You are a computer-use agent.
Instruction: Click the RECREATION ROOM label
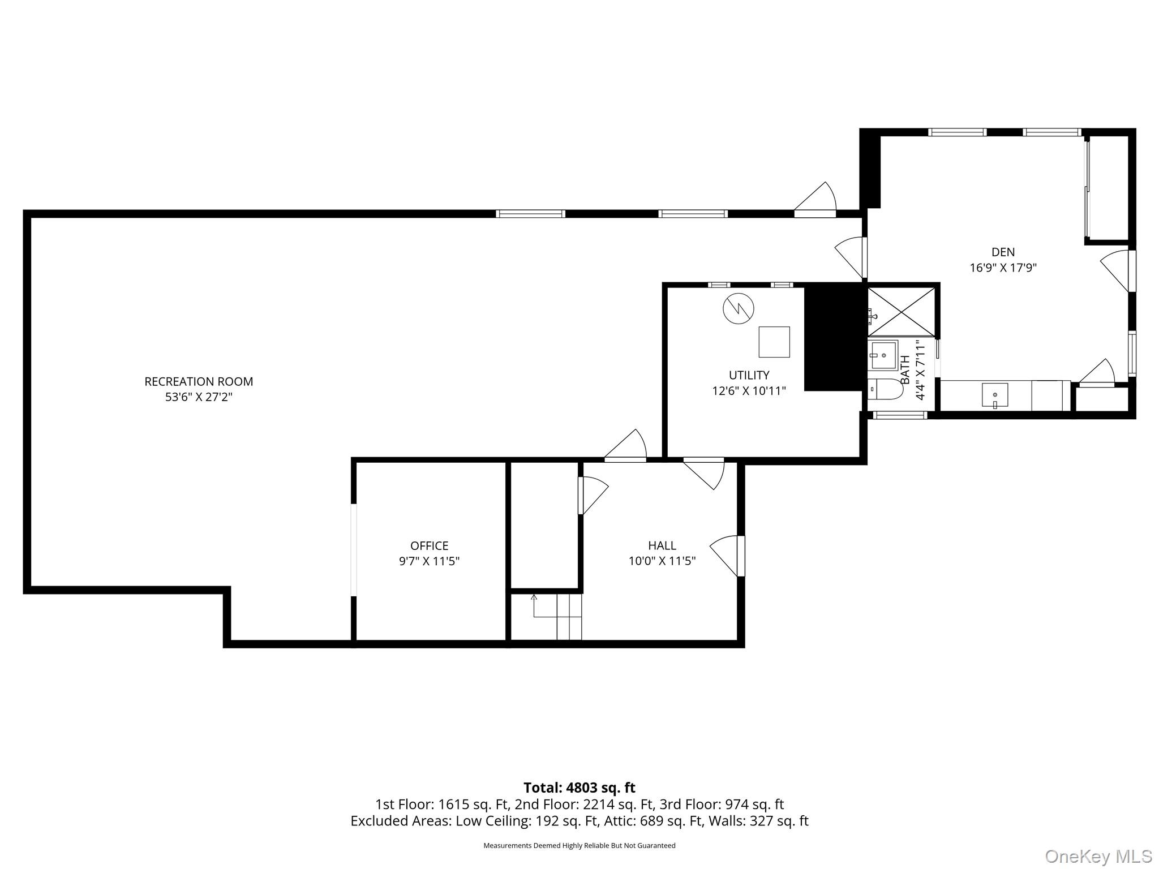199,381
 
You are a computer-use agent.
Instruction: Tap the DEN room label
1003,252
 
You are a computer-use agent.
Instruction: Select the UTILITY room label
749,375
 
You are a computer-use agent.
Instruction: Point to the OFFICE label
429,545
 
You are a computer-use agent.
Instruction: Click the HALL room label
662,545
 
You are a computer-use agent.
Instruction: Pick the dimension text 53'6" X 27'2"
199,397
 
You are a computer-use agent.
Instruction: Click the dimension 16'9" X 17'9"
1003,268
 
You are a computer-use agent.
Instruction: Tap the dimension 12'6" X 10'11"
749,391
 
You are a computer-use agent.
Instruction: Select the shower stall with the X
902,312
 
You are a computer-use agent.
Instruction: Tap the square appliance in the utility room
774,342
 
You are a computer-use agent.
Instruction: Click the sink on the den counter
994,395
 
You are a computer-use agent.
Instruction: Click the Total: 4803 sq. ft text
579,788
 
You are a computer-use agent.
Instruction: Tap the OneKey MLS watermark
1098,856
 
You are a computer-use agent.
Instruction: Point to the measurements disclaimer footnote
579,846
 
